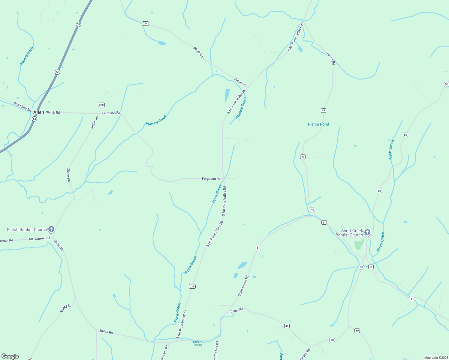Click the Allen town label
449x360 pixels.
39,112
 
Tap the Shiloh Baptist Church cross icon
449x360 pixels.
51,229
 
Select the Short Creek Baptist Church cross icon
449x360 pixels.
367,232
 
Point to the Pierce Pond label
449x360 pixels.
318,124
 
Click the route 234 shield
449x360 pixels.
145,23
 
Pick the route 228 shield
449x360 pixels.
101,105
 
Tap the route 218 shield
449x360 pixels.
192,286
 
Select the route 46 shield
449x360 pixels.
287,326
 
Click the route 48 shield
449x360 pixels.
332,340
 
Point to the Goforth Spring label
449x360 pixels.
198,343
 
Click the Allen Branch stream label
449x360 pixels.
27,56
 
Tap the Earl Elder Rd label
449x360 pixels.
23,107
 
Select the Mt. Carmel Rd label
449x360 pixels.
40,238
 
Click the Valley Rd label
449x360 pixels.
66,308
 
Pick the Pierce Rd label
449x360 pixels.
330,58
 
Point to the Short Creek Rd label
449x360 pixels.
243,286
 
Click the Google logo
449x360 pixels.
10,356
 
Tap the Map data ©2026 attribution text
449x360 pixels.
436,358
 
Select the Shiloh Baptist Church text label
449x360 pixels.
27,229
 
